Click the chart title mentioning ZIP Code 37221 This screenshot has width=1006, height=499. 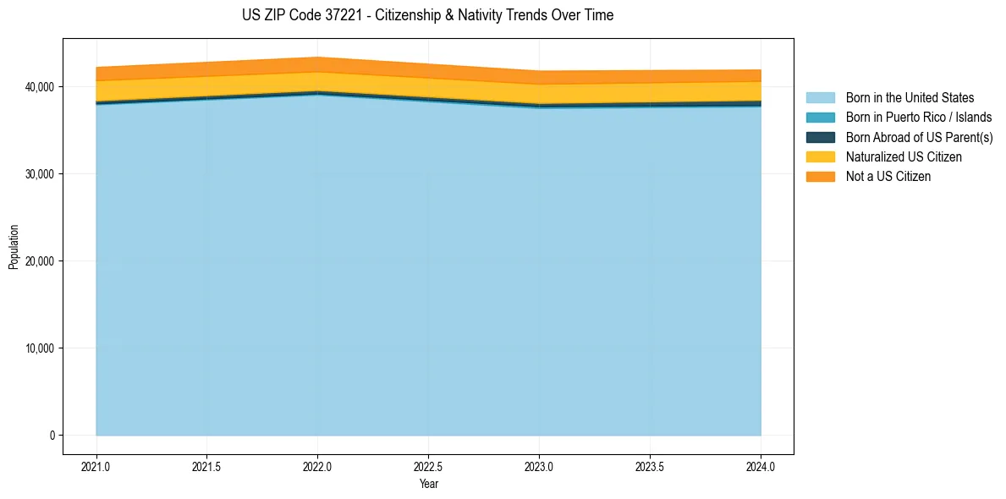(x=427, y=15)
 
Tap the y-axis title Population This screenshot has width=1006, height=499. (x=14, y=247)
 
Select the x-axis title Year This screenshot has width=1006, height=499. (x=428, y=484)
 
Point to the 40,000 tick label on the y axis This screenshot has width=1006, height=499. (x=37, y=87)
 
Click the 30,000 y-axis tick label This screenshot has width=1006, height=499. (x=37, y=174)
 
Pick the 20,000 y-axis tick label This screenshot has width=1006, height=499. (x=37, y=261)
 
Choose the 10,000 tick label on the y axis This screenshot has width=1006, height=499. (x=37, y=348)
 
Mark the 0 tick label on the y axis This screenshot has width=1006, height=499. (x=51, y=436)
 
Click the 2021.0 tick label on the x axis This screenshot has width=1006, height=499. (x=96, y=466)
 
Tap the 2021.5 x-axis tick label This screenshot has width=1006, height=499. (x=207, y=466)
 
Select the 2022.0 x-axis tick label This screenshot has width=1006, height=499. (x=317, y=466)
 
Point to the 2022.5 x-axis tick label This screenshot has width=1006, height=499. (x=428, y=466)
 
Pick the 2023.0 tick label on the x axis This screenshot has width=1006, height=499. (x=539, y=466)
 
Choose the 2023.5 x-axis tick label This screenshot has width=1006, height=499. (x=650, y=466)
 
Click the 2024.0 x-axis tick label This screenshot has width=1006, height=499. (x=761, y=466)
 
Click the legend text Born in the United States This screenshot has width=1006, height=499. (x=910, y=98)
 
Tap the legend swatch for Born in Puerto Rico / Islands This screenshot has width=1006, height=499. (x=820, y=118)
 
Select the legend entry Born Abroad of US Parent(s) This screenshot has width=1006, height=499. (x=919, y=137)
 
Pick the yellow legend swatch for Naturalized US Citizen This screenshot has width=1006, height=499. (x=820, y=156)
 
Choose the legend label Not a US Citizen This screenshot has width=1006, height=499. (x=888, y=176)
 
